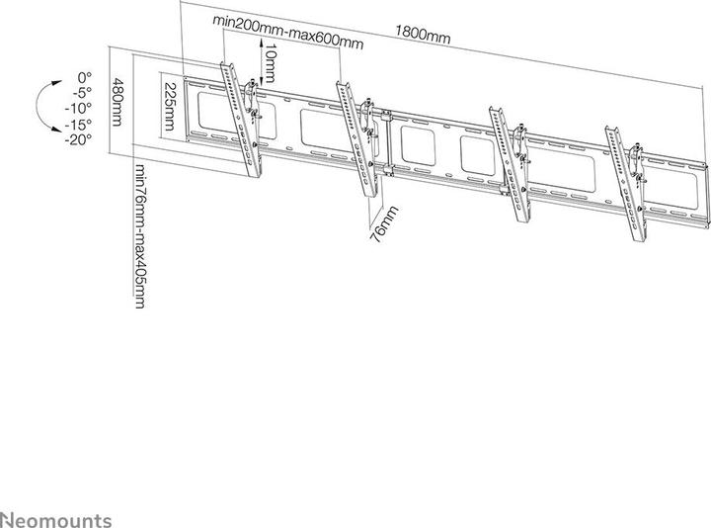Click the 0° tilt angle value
coord(83,75)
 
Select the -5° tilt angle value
coord(81,91)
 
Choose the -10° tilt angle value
coord(79,107)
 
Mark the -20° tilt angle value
coord(79,138)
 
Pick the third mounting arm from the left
coord(507,158)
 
